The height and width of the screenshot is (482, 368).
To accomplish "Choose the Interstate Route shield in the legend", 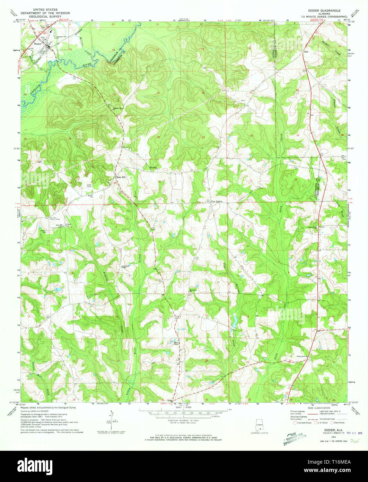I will pyautogui.click(x=295, y=423).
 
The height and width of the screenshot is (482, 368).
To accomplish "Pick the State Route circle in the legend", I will pyautogui.click(x=332, y=423).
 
